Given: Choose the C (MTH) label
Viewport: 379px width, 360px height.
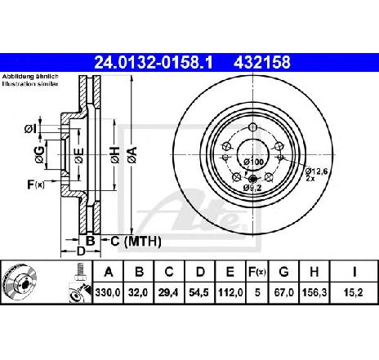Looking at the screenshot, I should pyautogui.click(x=136, y=242).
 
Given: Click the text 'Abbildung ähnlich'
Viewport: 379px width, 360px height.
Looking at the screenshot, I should pyautogui.click(x=25, y=76).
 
